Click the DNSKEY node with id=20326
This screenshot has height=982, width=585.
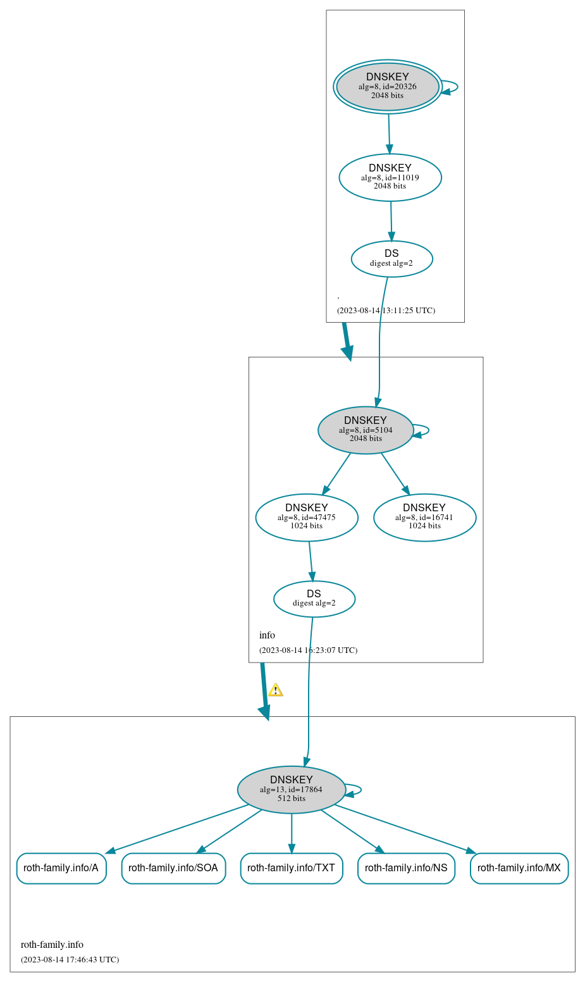388,87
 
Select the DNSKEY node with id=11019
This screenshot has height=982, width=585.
390,177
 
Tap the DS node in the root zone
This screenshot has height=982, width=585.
391,259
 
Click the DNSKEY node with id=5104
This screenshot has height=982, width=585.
366,430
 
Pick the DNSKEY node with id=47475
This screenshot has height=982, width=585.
307,518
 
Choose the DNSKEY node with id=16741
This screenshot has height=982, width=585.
424,518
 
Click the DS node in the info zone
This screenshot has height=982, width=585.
314,599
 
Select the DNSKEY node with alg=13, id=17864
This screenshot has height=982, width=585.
292,790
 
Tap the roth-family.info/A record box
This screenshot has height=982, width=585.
61,868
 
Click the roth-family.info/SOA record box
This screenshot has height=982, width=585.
173,868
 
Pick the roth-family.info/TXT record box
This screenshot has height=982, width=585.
292,868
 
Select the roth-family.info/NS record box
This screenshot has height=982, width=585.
406,868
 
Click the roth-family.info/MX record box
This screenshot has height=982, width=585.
519,868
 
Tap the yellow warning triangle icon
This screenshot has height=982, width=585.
275,690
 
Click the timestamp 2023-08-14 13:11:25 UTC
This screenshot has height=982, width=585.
386,311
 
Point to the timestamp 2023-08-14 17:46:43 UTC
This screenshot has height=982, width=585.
70,960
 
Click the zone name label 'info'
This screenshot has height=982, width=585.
267,635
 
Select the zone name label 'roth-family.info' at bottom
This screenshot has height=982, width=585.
52,945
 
